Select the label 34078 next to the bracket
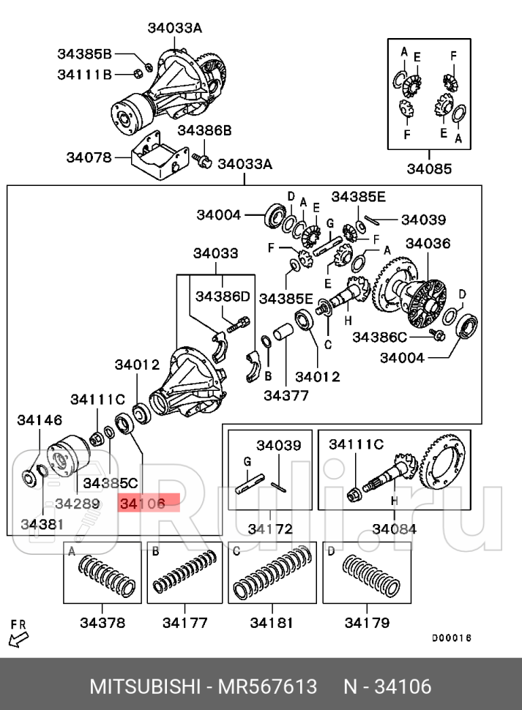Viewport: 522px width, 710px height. pyautogui.click(x=88, y=157)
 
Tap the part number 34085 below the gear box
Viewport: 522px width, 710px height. pyautogui.click(x=429, y=170)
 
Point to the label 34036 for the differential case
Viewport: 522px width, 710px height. pyautogui.click(x=428, y=243)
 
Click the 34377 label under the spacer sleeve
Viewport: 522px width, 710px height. pyautogui.click(x=286, y=395)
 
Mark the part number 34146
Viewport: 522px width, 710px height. pyautogui.click(x=40, y=419)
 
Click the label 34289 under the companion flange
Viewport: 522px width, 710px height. pyautogui.click(x=77, y=504)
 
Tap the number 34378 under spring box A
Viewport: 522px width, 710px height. pyautogui.click(x=102, y=623)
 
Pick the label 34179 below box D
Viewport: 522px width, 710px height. pyautogui.click(x=367, y=623)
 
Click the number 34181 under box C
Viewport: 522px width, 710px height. pyautogui.click(x=272, y=623)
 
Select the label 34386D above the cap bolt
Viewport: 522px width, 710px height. pyautogui.click(x=223, y=296)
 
